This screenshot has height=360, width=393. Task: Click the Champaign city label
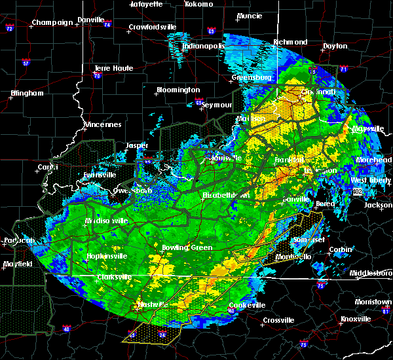[x=52, y=22]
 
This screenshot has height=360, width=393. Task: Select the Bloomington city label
[x=178, y=90]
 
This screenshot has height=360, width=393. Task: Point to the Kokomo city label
[x=199, y=4]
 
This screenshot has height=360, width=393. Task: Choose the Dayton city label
[x=335, y=46]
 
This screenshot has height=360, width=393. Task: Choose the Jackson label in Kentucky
[x=378, y=205]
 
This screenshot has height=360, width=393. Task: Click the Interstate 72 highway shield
[x=9, y=29]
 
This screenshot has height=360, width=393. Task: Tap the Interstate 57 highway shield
[x=26, y=63]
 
